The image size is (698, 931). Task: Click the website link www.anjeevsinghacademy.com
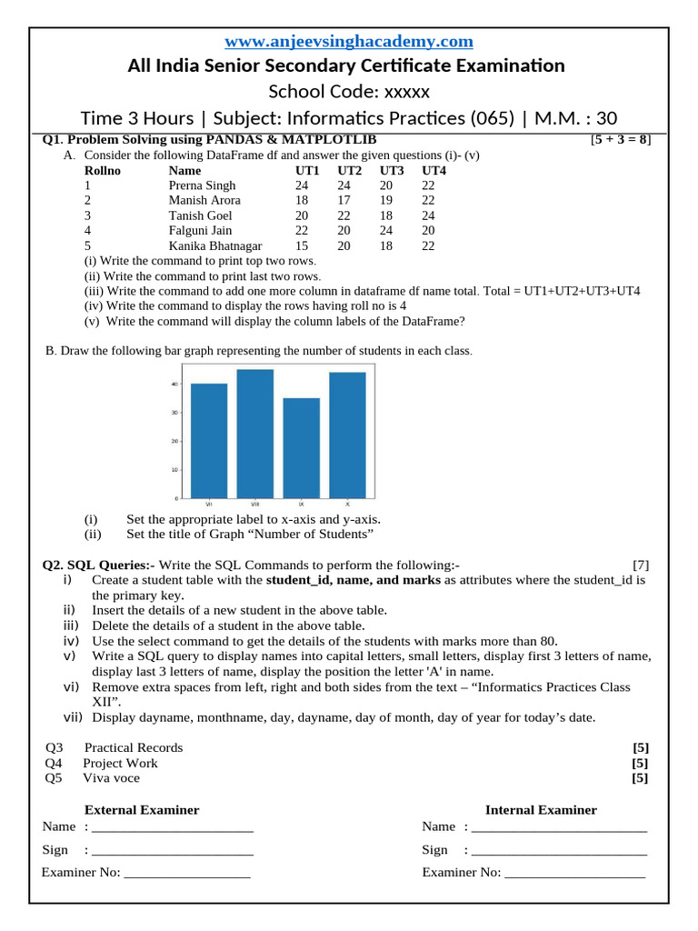pos(349,42)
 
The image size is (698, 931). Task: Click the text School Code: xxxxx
pos(349,92)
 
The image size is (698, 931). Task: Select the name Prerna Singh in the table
pos(202,185)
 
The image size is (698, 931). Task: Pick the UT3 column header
pos(392,170)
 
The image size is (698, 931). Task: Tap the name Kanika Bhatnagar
pos(215,245)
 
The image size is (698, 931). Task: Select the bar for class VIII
pos(254,434)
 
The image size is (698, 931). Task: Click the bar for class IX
pos(301,448)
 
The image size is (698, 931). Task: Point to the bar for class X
pos(347,435)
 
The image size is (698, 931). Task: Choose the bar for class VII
pos(209,441)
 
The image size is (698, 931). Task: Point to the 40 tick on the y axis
pos(174,384)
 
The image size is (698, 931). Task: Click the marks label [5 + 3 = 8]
pos(620,140)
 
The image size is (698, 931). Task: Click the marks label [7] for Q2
pos(641,565)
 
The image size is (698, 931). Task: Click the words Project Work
pos(120,763)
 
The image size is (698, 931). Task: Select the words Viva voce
pos(111,777)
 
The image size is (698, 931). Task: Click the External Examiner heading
pos(142,809)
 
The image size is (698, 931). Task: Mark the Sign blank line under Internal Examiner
pos(559,851)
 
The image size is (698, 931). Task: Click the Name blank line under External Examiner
pos(173,828)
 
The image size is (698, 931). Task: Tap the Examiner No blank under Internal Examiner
pos(574,874)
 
